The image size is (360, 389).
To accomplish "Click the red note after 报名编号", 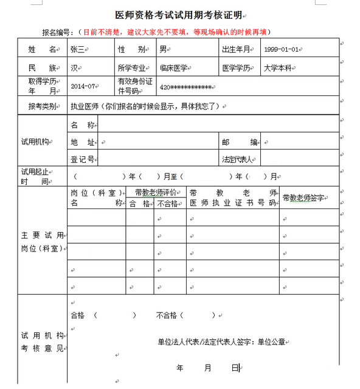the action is click(176, 32).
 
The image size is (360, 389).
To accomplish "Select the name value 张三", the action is click(78, 49).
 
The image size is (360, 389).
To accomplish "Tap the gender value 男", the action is click(163, 49).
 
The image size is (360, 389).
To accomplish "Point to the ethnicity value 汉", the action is click(74, 68).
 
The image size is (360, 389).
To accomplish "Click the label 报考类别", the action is click(43, 106).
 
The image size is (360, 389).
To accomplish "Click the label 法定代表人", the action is click(238, 159).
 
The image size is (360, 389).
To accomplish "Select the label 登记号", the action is click(82, 159).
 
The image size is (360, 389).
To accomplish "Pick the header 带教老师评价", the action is click(156, 192).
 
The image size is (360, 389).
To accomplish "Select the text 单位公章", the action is click(271, 342).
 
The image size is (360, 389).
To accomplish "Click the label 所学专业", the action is click(133, 68).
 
